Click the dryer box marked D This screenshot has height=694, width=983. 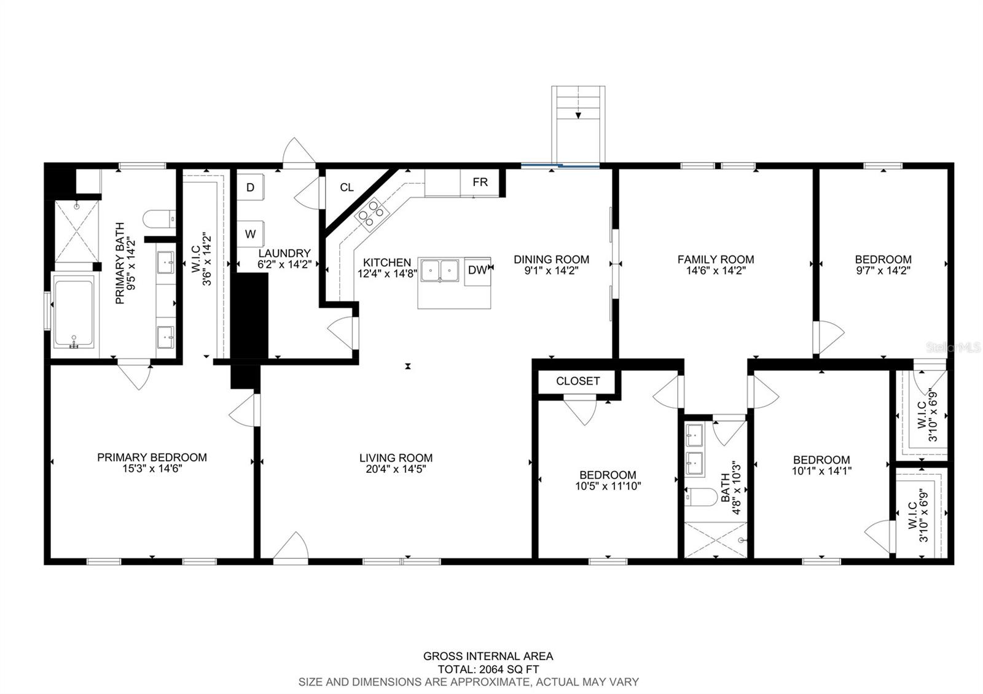point(250,187)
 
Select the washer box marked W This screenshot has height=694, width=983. point(250,234)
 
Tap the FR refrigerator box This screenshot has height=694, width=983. point(480,182)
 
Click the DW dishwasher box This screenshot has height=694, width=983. point(477,271)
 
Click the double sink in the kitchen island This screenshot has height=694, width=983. point(440,270)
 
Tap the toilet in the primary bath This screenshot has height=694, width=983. point(159,219)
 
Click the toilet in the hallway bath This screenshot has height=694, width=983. point(700,497)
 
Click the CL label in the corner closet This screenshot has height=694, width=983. point(347,187)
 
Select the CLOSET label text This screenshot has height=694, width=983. point(578,381)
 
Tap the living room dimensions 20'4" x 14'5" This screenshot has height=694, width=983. point(396,469)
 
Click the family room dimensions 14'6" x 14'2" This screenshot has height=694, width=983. point(716,271)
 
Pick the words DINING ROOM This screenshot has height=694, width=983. point(551,259)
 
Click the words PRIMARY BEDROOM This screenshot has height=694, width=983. point(152,457)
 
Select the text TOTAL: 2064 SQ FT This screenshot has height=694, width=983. point(488,669)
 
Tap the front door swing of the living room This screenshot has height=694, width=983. point(291,545)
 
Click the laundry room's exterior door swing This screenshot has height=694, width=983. point(299,153)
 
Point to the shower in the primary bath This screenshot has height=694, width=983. point(76,231)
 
